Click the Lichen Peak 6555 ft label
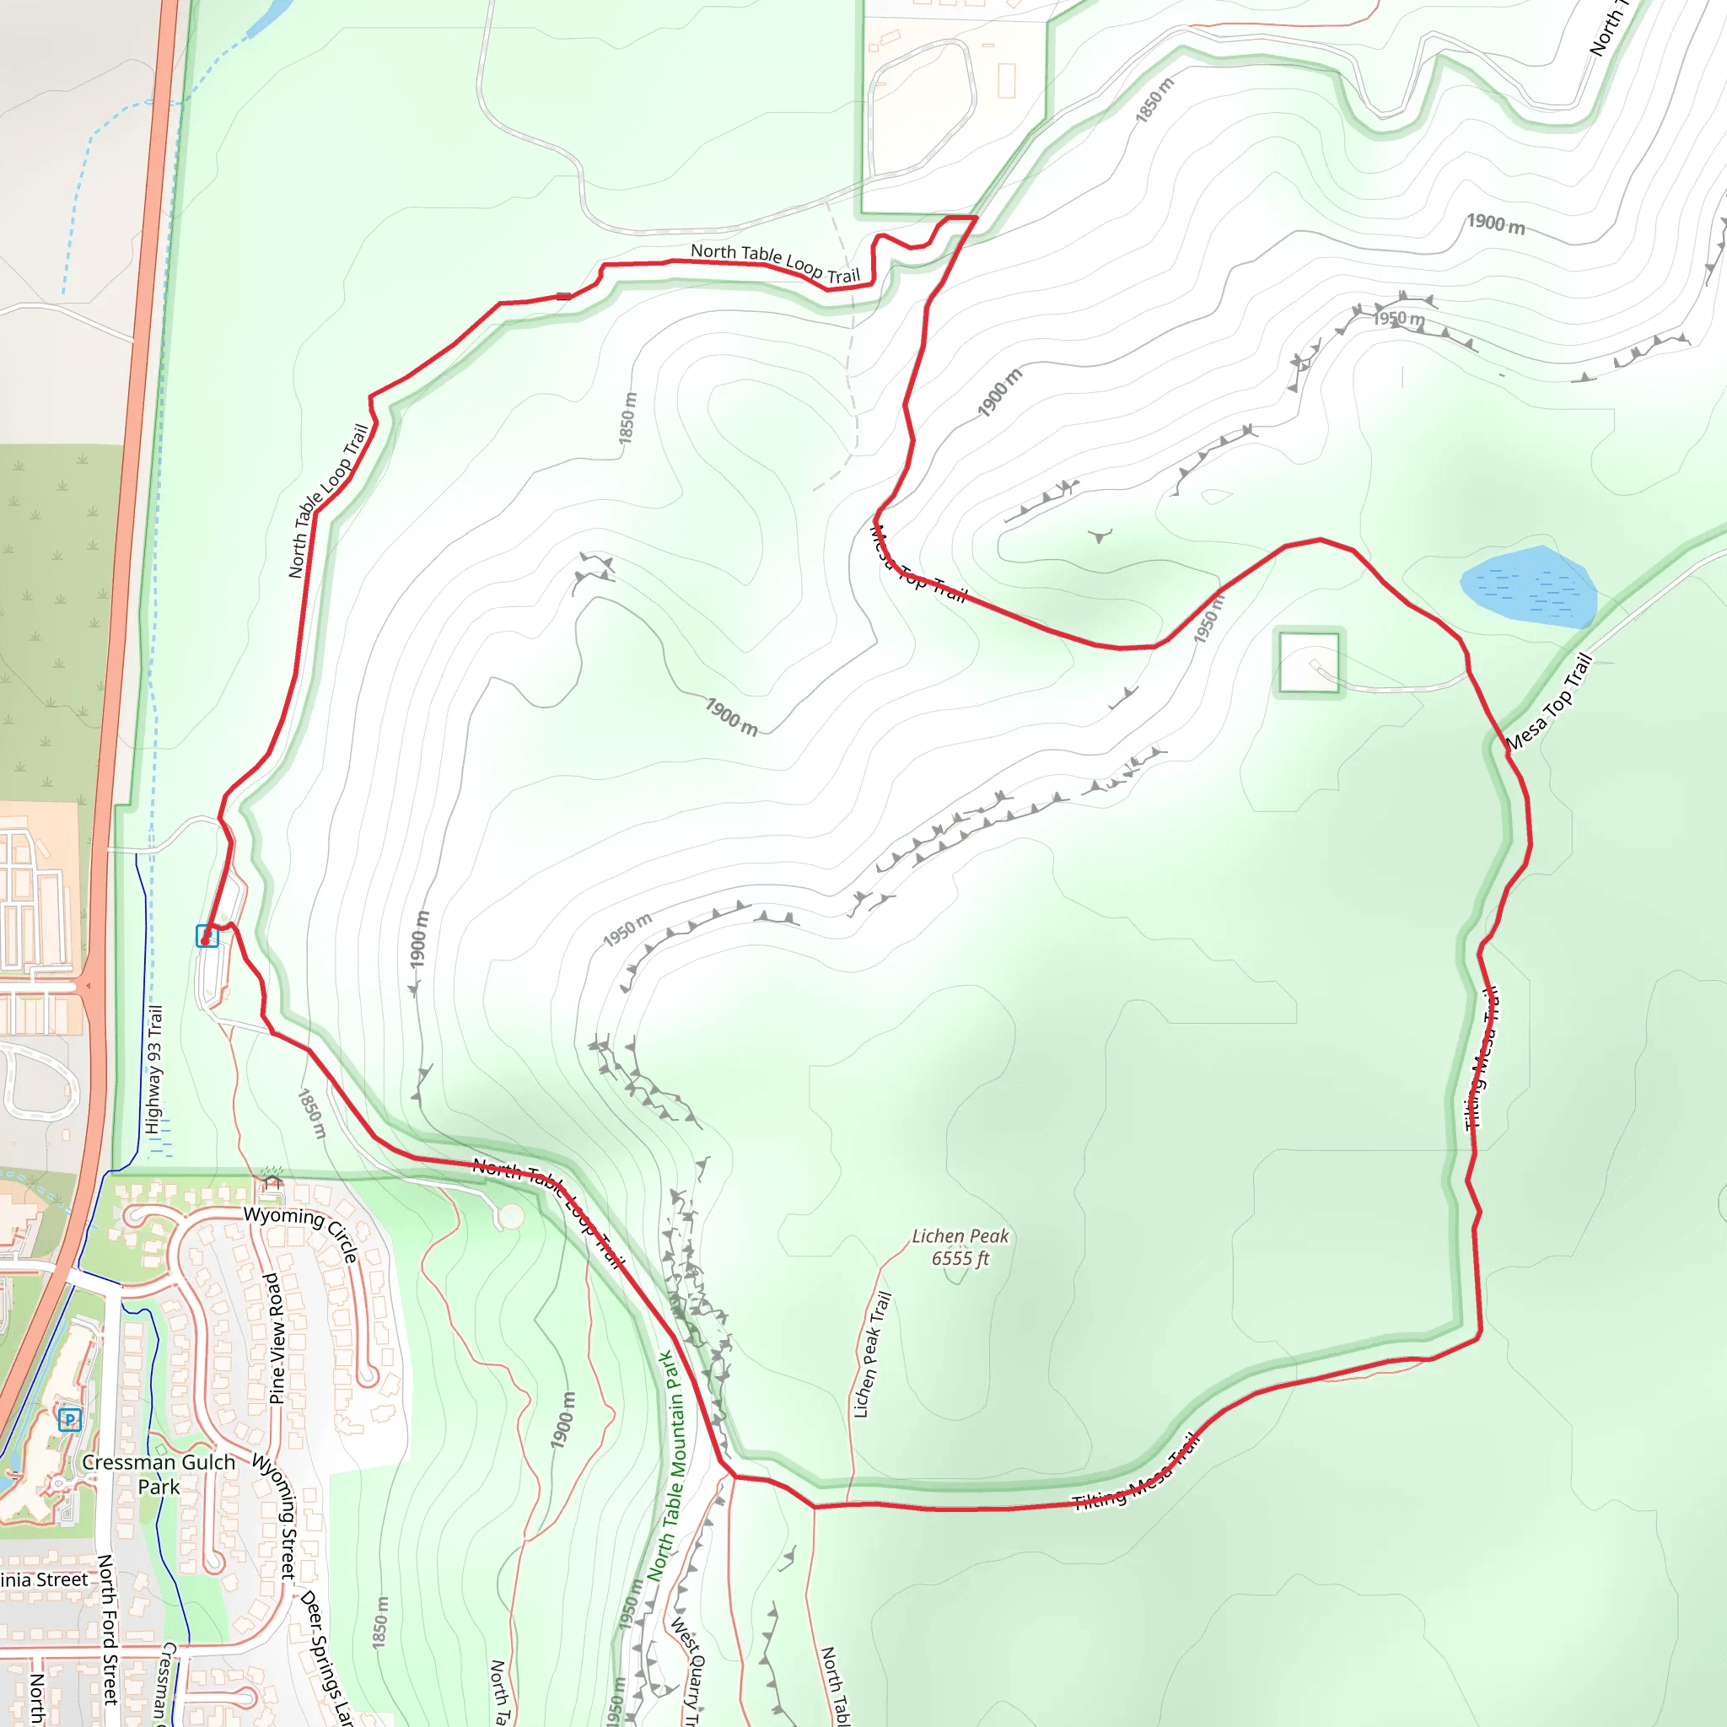pyautogui.click(x=960, y=1247)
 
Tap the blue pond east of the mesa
pyautogui.click(x=1530, y=586)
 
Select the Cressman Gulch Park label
pyautogui.click(x=159, y=1474)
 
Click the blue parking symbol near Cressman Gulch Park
pyautogui.click(x=70, y=1419)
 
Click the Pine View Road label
pyautogui.click(x=277, y=1338)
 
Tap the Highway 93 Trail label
pyautogui.click(x=154, y=1069)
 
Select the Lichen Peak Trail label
pyautogui.click(x=872, y=1354)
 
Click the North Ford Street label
pyautogui.click(x=107, y=1628)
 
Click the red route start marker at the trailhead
pyautogui.click(x=206, y=940)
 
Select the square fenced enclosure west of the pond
pyautogui.click(x=1309, y=662)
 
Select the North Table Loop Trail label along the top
pyautogui.click(x=775, y=263)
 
